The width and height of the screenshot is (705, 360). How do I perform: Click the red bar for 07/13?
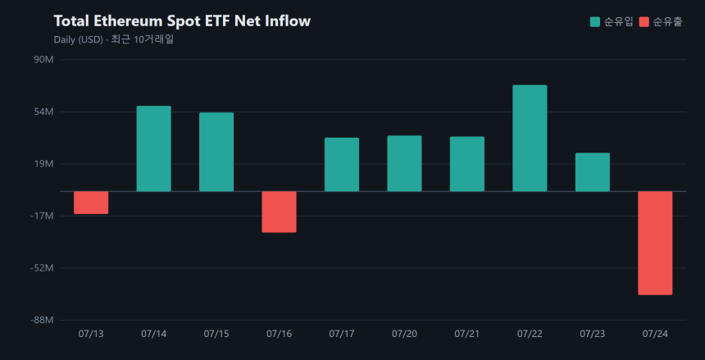91,203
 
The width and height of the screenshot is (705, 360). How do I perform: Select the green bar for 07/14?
154,148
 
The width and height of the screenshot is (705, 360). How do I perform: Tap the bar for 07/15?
216,152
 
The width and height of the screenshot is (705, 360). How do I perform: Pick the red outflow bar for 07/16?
280,212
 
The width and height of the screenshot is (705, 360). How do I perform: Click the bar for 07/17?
342,165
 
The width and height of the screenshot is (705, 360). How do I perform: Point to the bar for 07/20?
405,163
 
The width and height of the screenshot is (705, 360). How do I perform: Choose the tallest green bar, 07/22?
530,138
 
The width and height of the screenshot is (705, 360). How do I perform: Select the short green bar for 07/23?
593,172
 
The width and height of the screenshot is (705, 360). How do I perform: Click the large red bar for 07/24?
656,243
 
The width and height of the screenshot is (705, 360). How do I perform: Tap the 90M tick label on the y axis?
44,59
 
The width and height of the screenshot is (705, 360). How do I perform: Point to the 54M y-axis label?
44,112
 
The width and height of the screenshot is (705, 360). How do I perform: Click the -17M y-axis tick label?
43,216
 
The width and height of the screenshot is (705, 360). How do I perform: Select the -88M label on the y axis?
43,321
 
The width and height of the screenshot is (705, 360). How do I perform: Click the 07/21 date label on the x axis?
467,334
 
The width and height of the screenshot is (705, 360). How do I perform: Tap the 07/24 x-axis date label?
656,334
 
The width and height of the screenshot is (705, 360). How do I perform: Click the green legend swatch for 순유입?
595,21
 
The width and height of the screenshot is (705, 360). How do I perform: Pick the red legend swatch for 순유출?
644,21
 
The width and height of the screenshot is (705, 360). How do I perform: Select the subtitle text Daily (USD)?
78,39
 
